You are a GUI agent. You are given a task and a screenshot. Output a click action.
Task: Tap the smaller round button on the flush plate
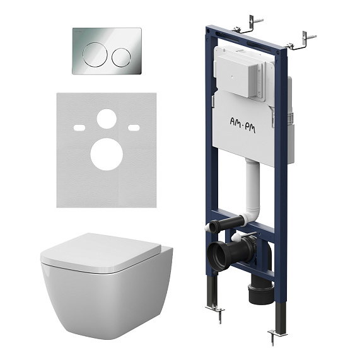point(121,57)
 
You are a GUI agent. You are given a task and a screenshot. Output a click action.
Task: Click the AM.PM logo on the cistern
point(243,124)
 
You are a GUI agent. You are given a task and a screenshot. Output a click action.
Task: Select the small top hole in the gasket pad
point(107,119)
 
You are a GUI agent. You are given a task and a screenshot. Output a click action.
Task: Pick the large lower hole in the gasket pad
point(107,154)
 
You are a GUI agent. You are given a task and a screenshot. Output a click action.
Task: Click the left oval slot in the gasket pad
point(79,127)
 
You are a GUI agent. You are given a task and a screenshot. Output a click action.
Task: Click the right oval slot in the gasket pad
point(134,127)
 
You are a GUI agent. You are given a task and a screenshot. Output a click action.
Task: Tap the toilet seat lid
point(101,253)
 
